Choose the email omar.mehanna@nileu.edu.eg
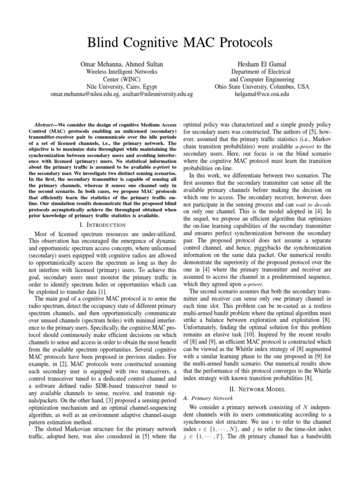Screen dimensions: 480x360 point(87,94)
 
